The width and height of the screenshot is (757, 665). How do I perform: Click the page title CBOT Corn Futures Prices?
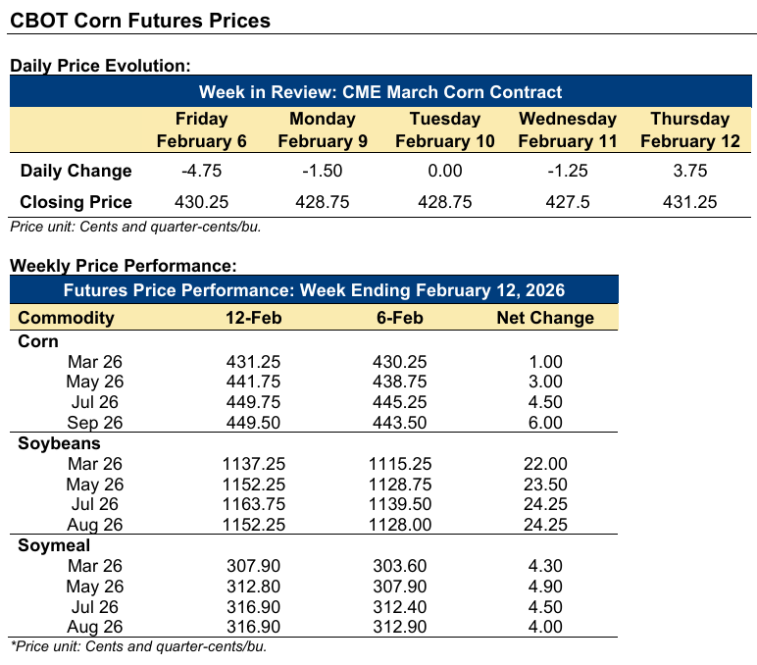pos(140,20)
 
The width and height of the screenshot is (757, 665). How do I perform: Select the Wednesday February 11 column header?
pos(567,129)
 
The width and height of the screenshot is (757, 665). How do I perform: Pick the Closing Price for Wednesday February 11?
pos(567,202)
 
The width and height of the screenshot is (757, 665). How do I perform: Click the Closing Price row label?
pos(76,202)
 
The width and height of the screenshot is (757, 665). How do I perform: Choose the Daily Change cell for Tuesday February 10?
pos(445,171)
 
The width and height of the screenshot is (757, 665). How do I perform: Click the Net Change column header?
pos(545,317)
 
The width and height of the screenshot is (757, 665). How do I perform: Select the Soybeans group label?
pos(58,442)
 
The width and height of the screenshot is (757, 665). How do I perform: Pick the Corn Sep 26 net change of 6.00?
pos(545,422)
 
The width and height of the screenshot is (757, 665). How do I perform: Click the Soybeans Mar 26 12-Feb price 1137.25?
pos(255,463)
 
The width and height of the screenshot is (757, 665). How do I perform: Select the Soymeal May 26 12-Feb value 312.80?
pos(255,585)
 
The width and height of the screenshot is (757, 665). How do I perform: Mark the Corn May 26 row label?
pos(95,382)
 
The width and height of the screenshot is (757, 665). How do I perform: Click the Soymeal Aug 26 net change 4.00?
pos(545,626)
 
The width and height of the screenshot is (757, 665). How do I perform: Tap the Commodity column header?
pos(67,317)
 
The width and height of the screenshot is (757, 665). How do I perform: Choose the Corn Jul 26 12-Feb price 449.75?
pos(255,402)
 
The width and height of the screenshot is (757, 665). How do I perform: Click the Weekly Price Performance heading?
pos(123,266)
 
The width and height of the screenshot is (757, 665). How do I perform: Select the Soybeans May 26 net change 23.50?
pos(545,484)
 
